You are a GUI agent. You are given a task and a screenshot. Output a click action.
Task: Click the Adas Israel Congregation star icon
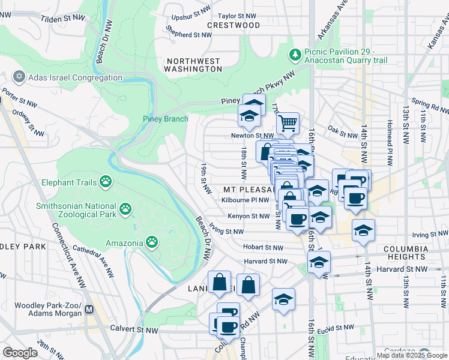click(x=19, y=78)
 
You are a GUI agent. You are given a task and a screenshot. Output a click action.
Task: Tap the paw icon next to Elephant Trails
click(x=106, y=181)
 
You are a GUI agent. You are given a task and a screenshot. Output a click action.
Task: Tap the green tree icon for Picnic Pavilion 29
click(x=295, y=56)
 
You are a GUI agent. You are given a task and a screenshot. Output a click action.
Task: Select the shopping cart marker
click(x=288, y=124)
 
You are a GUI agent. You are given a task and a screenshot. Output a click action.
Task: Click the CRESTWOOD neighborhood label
click(x=234, y=25)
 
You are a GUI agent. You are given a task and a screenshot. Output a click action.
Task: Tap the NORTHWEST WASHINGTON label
click(x=194, y=65)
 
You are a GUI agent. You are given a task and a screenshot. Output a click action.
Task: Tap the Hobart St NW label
click(x=263, y=247)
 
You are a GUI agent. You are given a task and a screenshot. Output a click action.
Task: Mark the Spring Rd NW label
click(x=429, y=107)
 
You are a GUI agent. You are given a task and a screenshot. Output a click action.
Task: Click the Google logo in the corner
click(x=20, y=353)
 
